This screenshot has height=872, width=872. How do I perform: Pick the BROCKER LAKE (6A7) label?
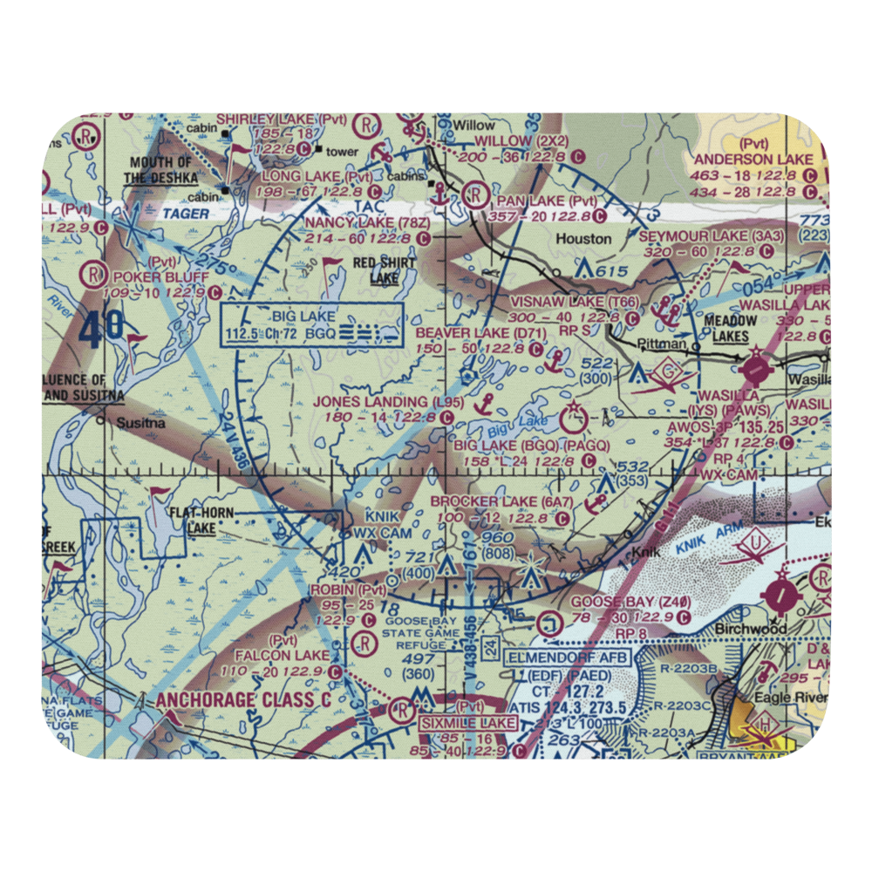[501, 502]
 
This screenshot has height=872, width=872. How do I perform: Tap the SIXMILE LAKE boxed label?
[468, 723]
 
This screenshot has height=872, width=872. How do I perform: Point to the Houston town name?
[583, 238]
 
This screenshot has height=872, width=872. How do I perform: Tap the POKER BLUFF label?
[160, 276]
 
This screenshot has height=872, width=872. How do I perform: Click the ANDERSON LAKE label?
[753, 159]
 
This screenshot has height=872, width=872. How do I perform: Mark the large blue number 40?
[111, 331]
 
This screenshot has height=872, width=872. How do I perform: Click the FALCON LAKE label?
[287, 655]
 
